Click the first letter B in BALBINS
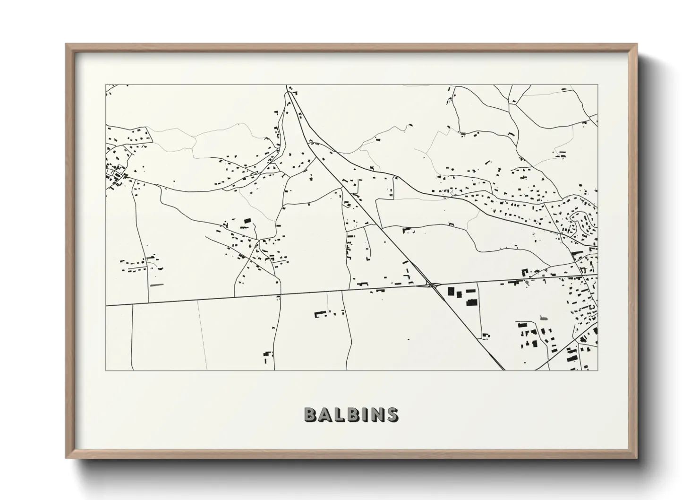click(x=310, y=414)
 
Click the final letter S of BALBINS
click(x=392, y=414)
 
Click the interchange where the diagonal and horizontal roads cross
click(x=431, y=284)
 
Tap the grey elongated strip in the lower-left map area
click(x=156, y=285)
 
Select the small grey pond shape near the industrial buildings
click(x=543, y=319)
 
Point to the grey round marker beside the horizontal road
click(x=527, y=284)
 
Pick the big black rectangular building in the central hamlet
click(x=247, y=220)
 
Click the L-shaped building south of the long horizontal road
click(x=321, y=313)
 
